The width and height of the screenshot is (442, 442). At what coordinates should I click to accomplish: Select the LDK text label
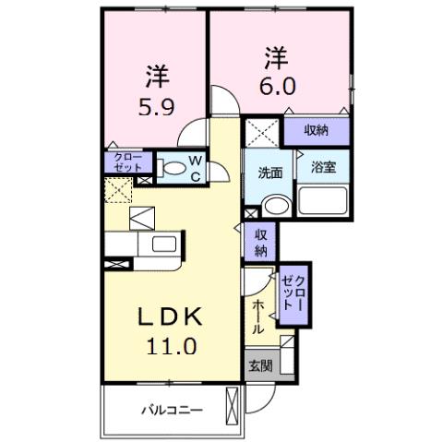coord(170,317)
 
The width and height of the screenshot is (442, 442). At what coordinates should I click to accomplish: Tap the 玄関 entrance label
coord(259,364)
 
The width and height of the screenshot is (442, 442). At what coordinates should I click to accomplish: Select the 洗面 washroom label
coord(269,172)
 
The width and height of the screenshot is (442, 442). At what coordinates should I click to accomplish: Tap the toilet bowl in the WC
coord(171,168)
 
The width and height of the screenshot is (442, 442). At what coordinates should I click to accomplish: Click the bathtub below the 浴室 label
coord(321,200)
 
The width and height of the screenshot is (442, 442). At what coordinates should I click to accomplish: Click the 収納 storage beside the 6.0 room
coord(317,131)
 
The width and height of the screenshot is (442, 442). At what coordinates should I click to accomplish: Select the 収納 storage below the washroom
coord(260,242)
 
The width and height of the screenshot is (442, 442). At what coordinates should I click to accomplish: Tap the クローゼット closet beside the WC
coord(127,163)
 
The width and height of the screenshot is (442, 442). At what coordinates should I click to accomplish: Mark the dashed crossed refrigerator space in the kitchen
coord(117,191)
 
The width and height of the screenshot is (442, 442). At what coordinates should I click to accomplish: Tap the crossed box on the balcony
coord(233,405)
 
